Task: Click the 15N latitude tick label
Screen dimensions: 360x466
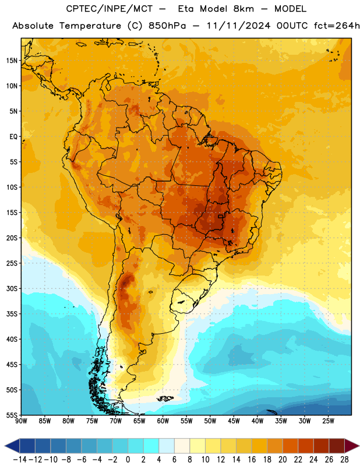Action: pyautogui.click(x=12, y=61)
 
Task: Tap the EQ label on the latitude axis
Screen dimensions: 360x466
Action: pyautogui.click(x=13, y=137)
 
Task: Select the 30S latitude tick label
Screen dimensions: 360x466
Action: pyautogui.click(x=12, y=288)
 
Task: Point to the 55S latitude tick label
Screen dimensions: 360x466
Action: pyautogui.click(x=12, y=415)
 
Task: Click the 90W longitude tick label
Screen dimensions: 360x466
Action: pyautogui.click(x=21, y=421)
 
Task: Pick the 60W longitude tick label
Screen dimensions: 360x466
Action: pyautogui.click(x=163, y=421)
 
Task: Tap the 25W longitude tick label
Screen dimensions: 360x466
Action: pyautogui.click(x=328, y=421)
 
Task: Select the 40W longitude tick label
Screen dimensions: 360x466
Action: pyautogui.click(x=257, y=421)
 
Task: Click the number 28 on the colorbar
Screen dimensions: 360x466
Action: pyautogui.click(x=344, y=460)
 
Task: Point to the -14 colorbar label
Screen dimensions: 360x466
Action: pyautogui.click(x=20, y=460)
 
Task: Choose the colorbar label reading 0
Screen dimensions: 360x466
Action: pyautogui.click(x=128, y=460)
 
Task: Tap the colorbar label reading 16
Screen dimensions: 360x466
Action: pyautogui.click(x=252, y=460)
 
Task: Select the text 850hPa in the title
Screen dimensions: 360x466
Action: pyautogui.click(x=167, y=26)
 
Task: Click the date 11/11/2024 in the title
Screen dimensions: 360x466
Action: pyautogui.click(x=238, y=26)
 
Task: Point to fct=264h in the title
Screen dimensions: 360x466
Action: pyautogui.click(x=337, y=26)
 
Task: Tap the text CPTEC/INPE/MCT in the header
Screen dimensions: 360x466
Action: pyautogui.click(x=109, y=9)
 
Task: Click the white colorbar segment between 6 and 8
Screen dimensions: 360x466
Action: pyautogui.click(x=182, y=446)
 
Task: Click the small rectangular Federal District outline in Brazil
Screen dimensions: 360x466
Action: pyautogui.click(x=220, y=216)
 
